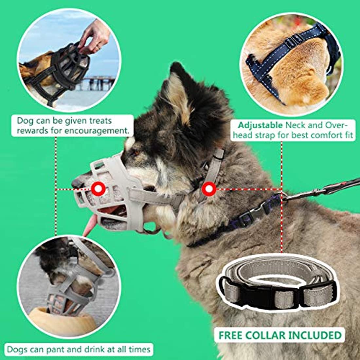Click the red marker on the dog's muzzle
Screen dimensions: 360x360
(x=98, y=189)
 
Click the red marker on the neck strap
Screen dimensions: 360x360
(x=209, y=189)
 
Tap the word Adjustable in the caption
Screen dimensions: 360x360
(x=261, y=125)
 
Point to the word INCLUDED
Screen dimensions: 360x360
(x=315, y=335)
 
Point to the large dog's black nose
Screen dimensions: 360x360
(x=77, y=183)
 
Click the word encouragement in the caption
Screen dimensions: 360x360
(x=96, y=131)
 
